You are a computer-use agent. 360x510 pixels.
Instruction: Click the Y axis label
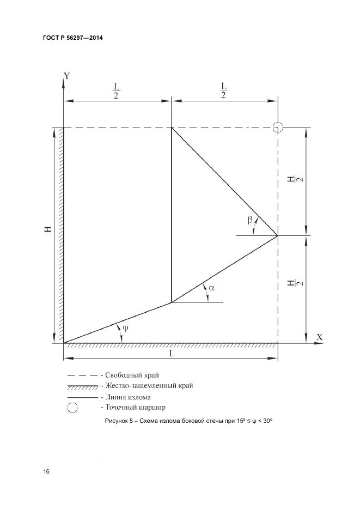click(x=67, y=76)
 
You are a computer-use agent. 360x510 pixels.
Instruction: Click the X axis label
click(x=319, y=337)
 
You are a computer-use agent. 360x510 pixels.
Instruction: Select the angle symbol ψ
click(x=125, y=328)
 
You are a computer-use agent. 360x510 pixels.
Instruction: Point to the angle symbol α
click(x=211, y=288)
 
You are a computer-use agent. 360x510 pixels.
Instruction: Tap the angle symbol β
click(x=250, y=220)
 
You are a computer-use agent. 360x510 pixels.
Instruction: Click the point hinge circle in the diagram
click(x=278, y=127)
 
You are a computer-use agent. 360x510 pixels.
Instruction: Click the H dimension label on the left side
click(x=48, y=229)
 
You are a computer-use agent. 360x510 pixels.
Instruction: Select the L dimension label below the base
click(x=172, y=353)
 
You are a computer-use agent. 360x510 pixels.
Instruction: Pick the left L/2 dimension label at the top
click(x=117, y=91)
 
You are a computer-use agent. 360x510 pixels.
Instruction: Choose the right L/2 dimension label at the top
click(x=223, y=90)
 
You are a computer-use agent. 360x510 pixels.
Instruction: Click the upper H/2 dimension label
click(x=295, y=179)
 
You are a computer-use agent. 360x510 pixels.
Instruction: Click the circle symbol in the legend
click(x=72, y=408)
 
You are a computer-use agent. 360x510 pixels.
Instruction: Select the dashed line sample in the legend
click(x=83, y=375)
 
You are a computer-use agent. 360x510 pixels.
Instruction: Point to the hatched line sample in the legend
click(x=83, y=387)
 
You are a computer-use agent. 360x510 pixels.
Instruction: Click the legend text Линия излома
click(x=128, y=397)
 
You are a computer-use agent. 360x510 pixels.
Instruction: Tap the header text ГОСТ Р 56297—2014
click(x=73, y=38)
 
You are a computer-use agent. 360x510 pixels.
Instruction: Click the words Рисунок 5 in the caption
click(x=119, y=421)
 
